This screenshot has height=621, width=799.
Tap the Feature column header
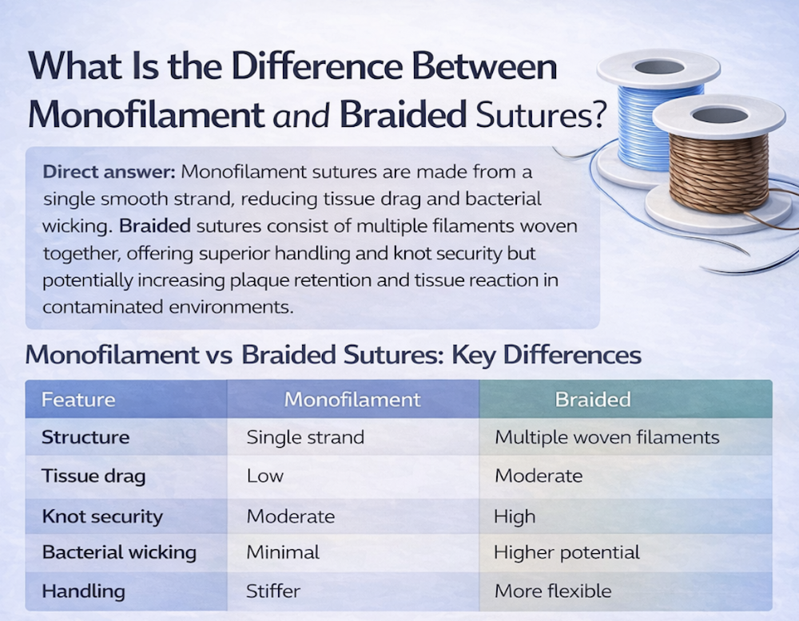pos(78,400)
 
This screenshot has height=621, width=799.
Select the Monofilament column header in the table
pos(352,400)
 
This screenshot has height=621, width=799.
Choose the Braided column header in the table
pos(593,400)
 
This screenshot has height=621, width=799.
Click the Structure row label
pos(85,437)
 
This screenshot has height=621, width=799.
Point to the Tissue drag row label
pos(93,476)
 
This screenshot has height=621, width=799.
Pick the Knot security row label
pos(102,516)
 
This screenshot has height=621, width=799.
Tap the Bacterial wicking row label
pos(119,553)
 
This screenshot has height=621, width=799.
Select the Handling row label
pos(84,591)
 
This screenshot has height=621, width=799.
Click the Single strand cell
pos(305,437)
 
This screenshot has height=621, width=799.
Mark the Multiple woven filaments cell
pos(607,437)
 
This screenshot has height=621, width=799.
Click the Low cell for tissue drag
pos(265,476)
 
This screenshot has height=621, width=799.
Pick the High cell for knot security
pos(515,516)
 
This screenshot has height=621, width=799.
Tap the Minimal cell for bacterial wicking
pos(283,552)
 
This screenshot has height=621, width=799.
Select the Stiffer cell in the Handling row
pos(273,591)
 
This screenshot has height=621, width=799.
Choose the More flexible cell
pos(553,591)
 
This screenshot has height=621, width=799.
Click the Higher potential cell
pos(566,553)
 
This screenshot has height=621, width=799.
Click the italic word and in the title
pos(301,116)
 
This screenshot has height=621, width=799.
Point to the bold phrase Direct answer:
pos(109,172)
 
